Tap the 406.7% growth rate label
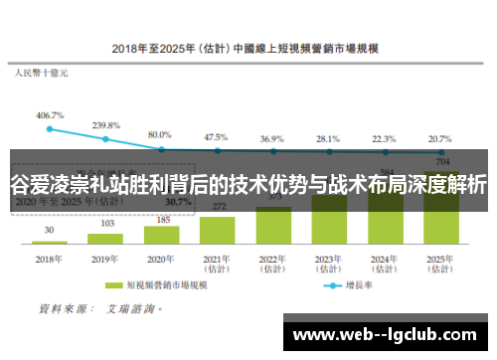50,115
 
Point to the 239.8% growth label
105,126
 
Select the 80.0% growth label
160,134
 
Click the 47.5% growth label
216,137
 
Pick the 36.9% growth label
271,138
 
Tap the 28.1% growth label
328,138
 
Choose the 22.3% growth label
384,138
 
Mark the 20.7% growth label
439,138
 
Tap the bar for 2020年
160,230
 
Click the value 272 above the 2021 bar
217,206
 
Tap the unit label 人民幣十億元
40,74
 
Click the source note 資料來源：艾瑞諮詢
95,309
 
